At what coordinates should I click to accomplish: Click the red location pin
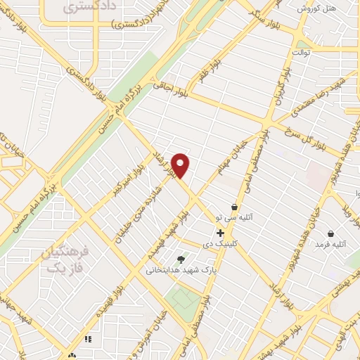tap(181, 165)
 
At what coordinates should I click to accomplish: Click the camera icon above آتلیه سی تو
tap(234, 207)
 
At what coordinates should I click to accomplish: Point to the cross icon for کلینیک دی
tap(220, 232)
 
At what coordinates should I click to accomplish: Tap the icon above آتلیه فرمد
tap(330, 233)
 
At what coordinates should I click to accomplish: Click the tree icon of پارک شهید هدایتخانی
tap(181, 259)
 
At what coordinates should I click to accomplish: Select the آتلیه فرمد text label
tap(331, 244)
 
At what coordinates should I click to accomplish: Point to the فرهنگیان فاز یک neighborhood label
tap(63, 259)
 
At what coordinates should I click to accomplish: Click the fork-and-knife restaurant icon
tap(88, 339)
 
